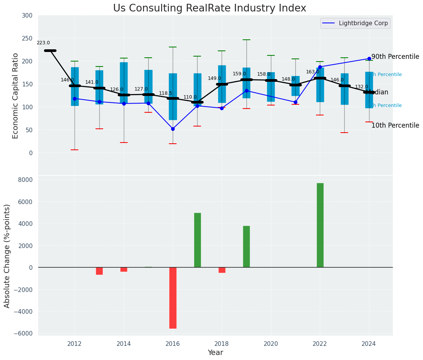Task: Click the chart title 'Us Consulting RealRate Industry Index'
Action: coord(209,8)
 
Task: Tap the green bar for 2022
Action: coord(320,225)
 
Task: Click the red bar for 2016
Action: coord(173,298)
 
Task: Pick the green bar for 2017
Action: coord(197,240)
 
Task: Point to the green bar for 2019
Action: coord(246,246)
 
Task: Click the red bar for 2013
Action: coord(99,271)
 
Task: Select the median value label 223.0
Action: coord(43,43)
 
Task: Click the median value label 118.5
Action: coord(165,93)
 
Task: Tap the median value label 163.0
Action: coord(313,72)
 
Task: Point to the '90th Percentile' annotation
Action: coord(395,57)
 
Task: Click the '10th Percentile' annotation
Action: coord(395,126)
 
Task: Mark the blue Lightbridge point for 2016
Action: coord(173,129)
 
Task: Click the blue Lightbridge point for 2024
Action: coord(369,59)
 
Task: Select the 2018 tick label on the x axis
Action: coord(222,344)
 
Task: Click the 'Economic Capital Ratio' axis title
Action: coord(15,96)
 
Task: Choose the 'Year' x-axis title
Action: coord(216,353)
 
